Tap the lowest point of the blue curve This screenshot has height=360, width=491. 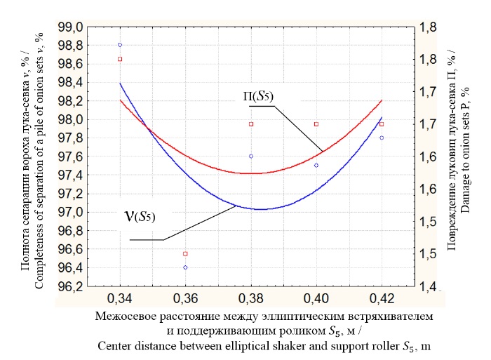(x=261, y=209)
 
